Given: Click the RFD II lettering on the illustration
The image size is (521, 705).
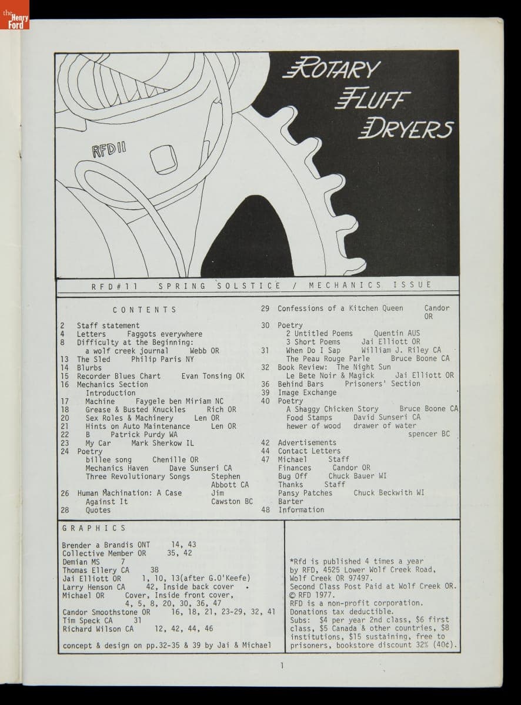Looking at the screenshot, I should click(109, 147).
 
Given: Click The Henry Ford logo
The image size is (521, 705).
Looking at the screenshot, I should click(14, 15).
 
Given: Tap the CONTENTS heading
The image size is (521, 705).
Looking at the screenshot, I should click(144, 310).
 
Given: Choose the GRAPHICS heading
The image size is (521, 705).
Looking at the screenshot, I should click(93, 528).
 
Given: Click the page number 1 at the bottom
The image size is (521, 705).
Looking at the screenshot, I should click(282, 666).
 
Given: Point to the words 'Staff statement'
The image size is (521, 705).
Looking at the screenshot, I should click(108, 325).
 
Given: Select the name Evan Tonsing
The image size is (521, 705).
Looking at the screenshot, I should click(208, 376).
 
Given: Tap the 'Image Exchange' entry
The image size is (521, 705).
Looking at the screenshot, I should click(307, 392).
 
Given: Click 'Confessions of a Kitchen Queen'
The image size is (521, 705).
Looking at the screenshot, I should click(340, 308).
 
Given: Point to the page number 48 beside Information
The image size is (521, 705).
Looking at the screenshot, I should click(266, 510).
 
